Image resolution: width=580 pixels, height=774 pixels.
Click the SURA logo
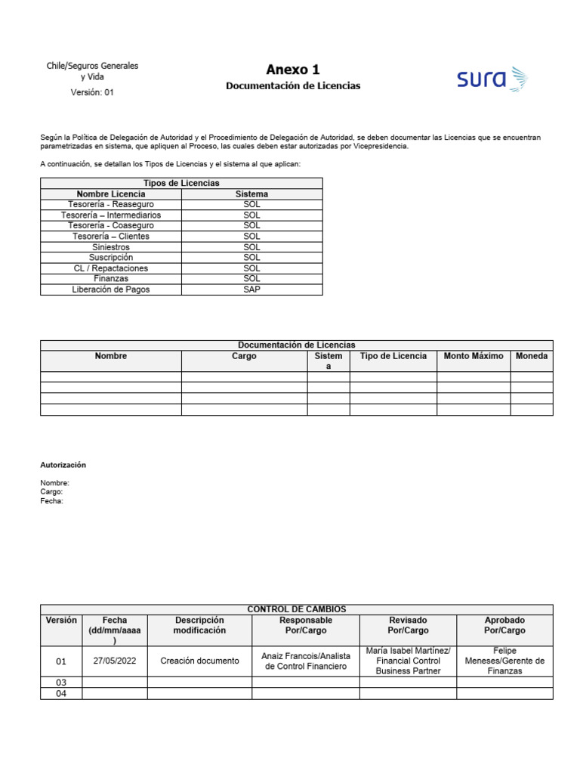coord(492,79)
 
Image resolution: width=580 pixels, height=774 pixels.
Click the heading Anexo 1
coord(293,70)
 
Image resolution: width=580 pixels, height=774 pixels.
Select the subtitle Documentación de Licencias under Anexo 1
coord(293,86)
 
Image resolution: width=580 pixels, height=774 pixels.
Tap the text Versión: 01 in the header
coord(92,92)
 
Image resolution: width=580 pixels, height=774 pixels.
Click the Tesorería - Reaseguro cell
coord(110,205)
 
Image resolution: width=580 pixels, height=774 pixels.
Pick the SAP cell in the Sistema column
coord(251,289)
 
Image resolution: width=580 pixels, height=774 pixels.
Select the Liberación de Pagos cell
coord(110,289)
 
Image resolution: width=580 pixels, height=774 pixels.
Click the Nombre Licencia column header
coord(111,194)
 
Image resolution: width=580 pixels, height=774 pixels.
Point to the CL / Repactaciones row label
coord(110,268)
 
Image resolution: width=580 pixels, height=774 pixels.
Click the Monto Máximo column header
coord(474,356)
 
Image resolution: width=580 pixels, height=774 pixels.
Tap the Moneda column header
coord(532,356)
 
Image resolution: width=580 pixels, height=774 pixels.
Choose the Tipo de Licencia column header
coord(393,356)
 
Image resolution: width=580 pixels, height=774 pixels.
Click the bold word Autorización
coord(63,465)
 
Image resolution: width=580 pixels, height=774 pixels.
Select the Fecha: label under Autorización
coord(52,500)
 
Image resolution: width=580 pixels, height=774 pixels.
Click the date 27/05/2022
coord(114,661)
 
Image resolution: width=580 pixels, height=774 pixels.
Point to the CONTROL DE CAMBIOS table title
coord(296,609)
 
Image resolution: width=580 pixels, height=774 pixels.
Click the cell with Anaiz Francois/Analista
coord(305,661)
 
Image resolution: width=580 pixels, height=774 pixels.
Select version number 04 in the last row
coord(61,693)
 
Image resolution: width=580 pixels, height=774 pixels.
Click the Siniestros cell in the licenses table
coord(110,247)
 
